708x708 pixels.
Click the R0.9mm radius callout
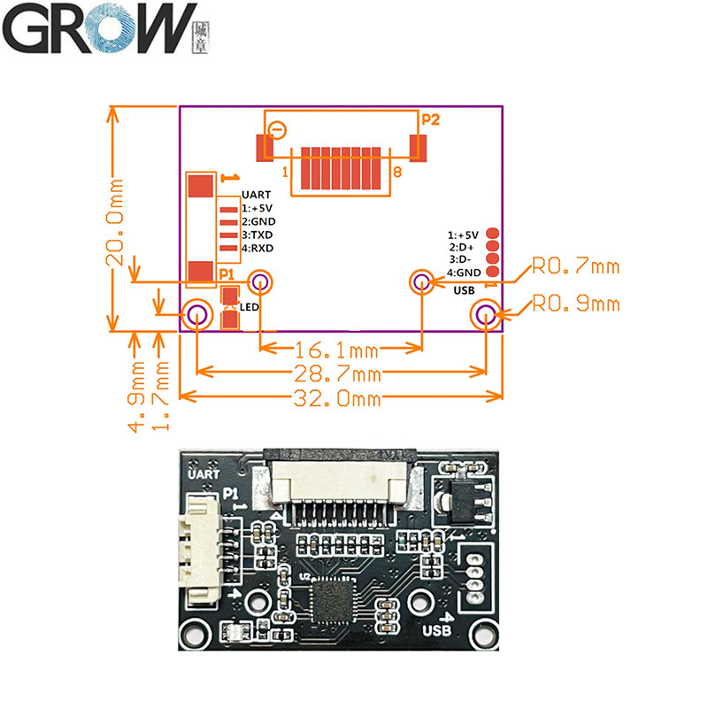[x=575, y=304]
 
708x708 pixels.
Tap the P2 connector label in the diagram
[x=430, y=119]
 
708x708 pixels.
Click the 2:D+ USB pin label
[x=463, y=247]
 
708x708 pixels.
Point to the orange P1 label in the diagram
[x=227, y=274]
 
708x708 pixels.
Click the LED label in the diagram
[x=249, y=307]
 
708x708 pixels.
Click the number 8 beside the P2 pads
[x=397, y=172]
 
